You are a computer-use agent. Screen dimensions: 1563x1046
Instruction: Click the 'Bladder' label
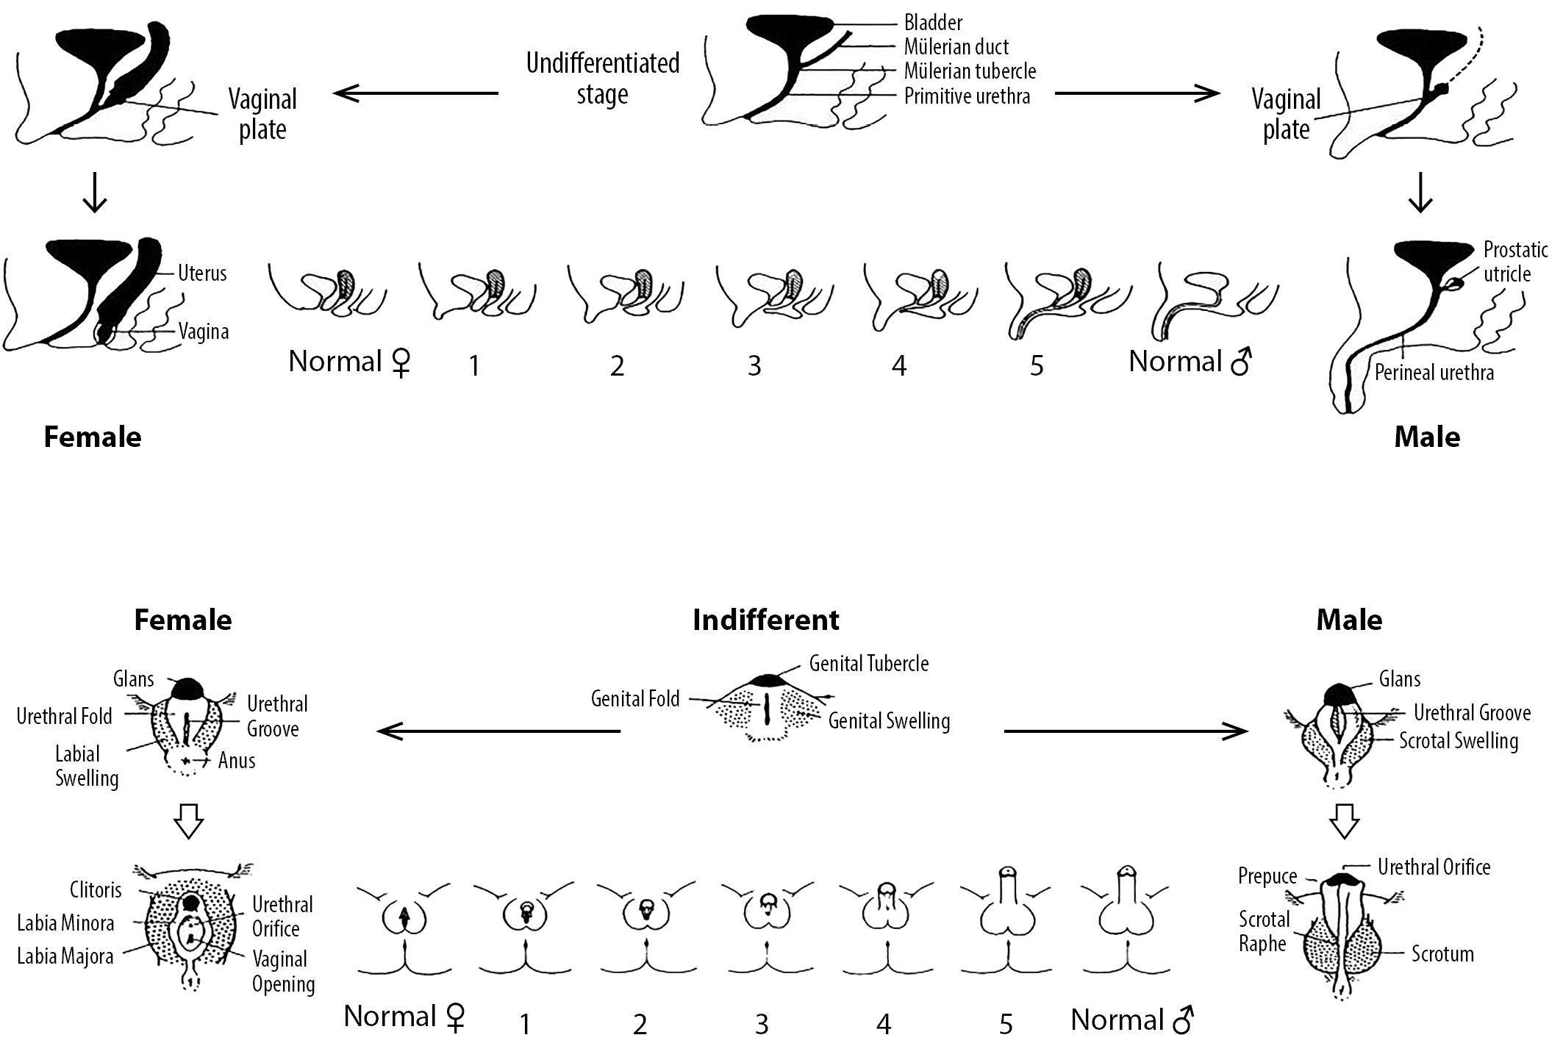tap(933, 23)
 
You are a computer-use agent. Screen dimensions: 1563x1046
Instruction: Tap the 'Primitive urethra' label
tap(967, 96)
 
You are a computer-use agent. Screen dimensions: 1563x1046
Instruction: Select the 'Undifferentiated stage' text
tap(603, 78)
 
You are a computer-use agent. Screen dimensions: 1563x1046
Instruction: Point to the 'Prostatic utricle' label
tap(1515, 261)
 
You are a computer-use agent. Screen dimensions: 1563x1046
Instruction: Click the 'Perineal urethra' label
tap(1434, 373)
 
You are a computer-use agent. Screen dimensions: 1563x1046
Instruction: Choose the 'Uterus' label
tap(202, 273)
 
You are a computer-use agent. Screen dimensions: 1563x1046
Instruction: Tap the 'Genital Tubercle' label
tap(869, 663)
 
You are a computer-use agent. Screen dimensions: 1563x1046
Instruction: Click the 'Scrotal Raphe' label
tap(1264, 931)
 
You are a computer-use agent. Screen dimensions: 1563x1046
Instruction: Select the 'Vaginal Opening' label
tap(283, 971)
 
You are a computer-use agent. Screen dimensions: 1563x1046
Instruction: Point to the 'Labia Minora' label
tap(65, 923)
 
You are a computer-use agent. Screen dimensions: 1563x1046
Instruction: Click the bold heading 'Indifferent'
tap(766, 620)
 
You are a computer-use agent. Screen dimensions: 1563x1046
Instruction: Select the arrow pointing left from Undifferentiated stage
tap(416, 93)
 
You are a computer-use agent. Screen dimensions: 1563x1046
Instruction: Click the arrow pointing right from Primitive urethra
tap(1137, 93)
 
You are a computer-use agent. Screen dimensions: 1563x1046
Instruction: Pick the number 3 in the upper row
tap(754, 365)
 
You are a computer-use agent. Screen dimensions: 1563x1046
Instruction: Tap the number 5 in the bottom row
tap(1006, 1023)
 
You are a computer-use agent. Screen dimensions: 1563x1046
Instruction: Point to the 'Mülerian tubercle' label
tap(970, 71)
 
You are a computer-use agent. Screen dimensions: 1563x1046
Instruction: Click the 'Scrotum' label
tap(1442, 954)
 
